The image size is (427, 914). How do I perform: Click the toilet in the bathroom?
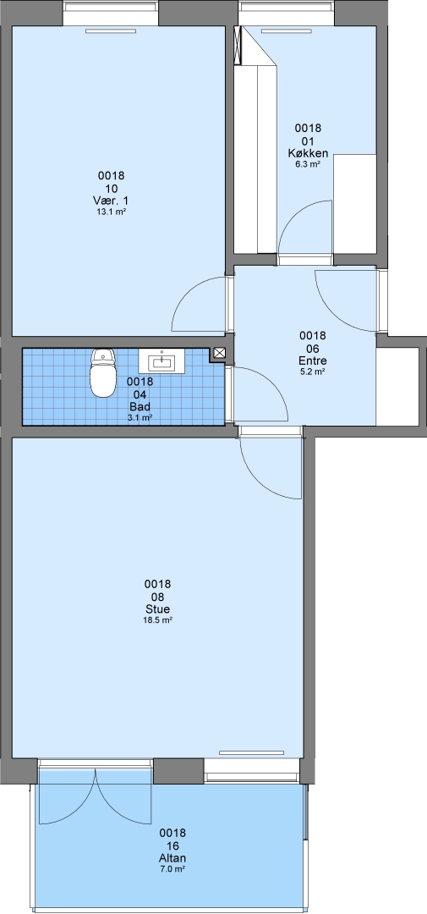[103, 373]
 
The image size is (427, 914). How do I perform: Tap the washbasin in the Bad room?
[162, 361]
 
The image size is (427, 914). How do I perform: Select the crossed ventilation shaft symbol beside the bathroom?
[220, 353]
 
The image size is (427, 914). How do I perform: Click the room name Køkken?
[308, 154]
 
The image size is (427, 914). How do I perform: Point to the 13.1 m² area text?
[112, 212]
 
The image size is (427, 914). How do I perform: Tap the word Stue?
[157, 609]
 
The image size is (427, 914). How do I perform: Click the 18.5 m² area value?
[157, 621]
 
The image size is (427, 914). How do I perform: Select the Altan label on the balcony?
[172, 859]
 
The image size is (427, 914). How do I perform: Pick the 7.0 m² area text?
[172, 869]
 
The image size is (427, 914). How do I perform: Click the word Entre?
[312, 361]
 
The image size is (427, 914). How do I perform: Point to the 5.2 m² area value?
[312, 372]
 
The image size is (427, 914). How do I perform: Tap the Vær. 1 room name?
[112, 201]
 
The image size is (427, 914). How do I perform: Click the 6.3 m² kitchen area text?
[308, 165]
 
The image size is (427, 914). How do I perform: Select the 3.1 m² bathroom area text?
[140, 417]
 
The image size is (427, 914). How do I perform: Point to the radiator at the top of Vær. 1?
[102, 31]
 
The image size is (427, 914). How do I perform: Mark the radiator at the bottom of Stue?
[251, 752]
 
